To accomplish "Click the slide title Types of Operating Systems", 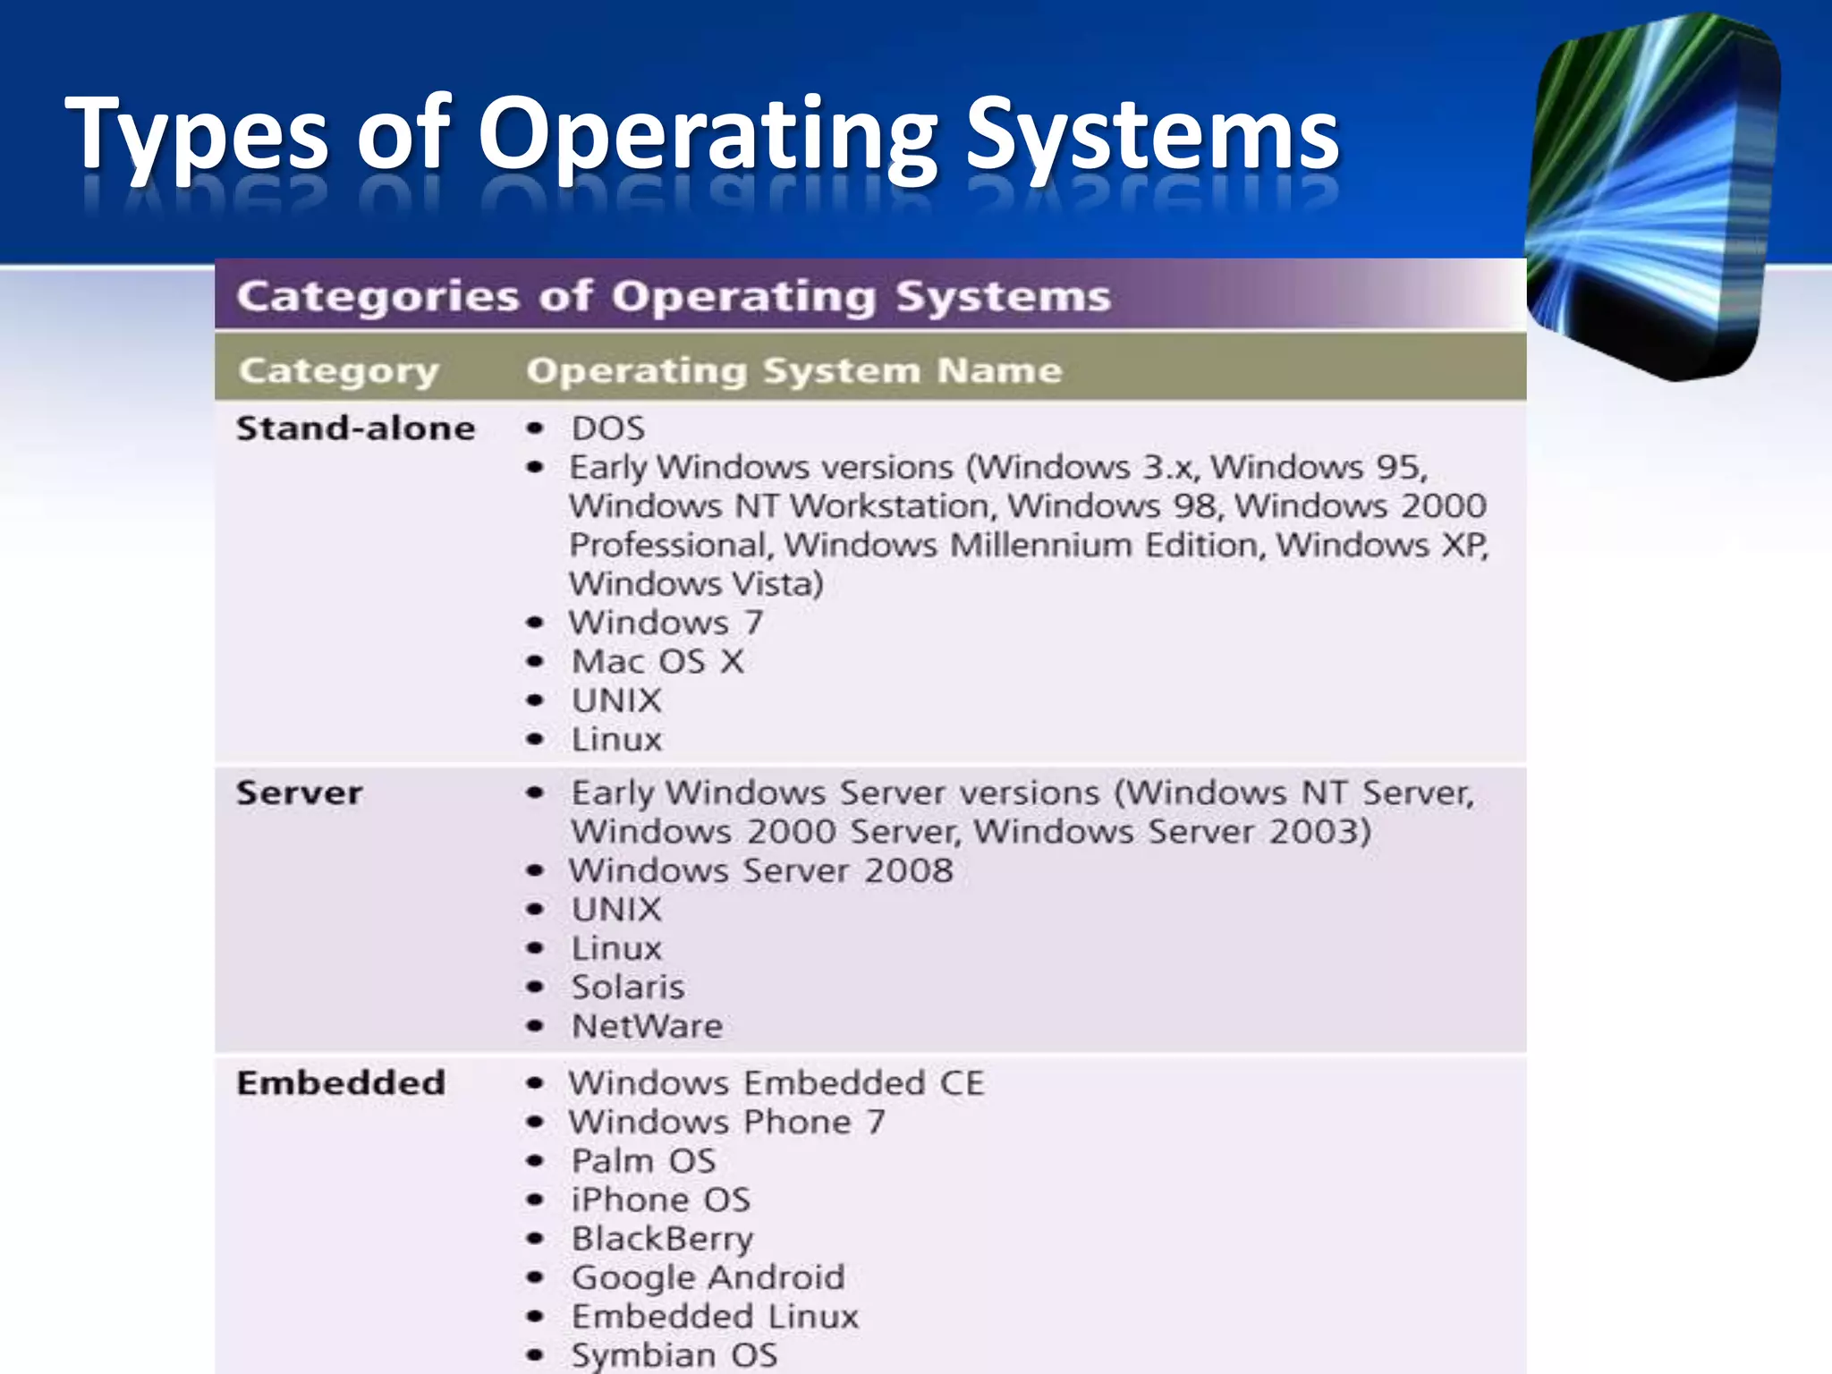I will point(702,134).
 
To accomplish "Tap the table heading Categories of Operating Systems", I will point(673,296).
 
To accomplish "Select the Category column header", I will point(339,370).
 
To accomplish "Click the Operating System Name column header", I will point(793,370).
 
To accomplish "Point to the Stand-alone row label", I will point(355,428).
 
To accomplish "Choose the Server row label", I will point(299,793).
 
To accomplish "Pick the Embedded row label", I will point(341,1082).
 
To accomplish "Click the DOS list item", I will point(608,428).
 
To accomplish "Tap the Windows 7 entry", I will point(666,623).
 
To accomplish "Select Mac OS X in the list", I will point(657,662).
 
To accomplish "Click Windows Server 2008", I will point(761,870).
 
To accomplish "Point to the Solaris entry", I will point(628,988).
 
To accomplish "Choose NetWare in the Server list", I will point(647,1026).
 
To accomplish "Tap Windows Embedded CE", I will point(776,1083).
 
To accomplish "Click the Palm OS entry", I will point(643,1161).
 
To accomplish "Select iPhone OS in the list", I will point(660,1200).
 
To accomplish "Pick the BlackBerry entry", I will point(662,1239).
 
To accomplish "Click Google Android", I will point(708,1277).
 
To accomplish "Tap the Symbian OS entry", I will point(674,1355).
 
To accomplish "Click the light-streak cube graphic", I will point(1655,197).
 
